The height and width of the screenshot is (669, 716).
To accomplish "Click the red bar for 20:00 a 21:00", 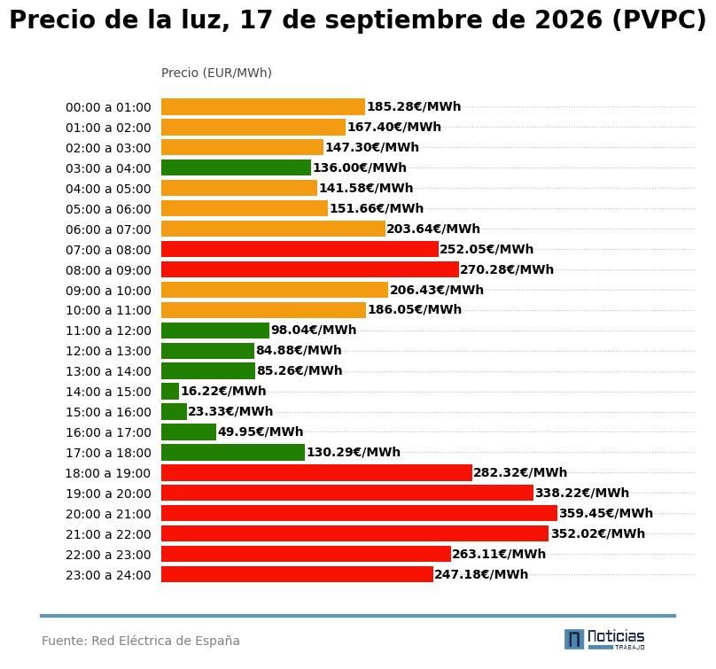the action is pyautogui.click(x=359, y=513).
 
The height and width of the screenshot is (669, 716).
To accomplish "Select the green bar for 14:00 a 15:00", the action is pyautogui.click(x=170, y=392).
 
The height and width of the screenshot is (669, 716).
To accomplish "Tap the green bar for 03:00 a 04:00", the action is pyautogui.click(x=236, y=167).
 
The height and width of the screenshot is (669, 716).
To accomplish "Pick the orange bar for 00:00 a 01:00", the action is pyautogui.click(x=263, y=107).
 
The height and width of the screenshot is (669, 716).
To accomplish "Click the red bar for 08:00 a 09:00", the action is pyautogui.click(x=310, y=269).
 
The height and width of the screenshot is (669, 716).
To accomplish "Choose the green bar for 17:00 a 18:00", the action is pyautogui.click(x=233, y=453).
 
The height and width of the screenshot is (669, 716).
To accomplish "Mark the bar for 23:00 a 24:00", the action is pyautogui.click(x=297, y=574).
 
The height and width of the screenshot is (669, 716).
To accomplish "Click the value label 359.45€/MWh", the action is pyautogui.click(x=606, y=513).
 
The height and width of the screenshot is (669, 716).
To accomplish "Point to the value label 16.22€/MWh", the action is pyautogui.click(x=223, y=391).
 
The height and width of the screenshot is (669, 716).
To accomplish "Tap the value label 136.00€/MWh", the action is pyautogui.click(x=360, y=167).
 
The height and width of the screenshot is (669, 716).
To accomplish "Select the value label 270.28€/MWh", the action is pyautogui.click(x=507, y=269).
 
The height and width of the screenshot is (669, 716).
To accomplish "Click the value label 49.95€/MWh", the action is pyautogui.click(x=261, y=432).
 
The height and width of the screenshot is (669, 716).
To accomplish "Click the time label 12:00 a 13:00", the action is pyautogui.click(x=108, y=351).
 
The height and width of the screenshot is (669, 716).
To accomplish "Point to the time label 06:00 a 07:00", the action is pyautogui.click(x=108, y=229).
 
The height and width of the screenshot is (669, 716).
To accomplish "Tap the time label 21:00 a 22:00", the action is pyautogui.click(x=108, y=534).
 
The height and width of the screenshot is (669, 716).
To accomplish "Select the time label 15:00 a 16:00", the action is pyautogui.click(x=108, y=412).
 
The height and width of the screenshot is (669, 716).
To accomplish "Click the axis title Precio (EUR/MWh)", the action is pyautogui.click(x=216, y=73).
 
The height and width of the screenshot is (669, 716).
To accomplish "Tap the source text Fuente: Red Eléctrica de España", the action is pyautogui.click(x=141, y=641).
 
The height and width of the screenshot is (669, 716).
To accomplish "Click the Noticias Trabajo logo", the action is pyautogui.click(x=604, y=640).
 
